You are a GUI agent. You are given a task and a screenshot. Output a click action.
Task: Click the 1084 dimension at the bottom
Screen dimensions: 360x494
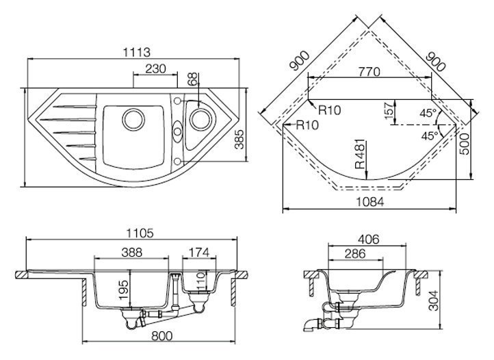pyautogui.click(x=370, y=203)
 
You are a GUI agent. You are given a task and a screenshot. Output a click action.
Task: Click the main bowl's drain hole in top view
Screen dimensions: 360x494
pyautogui.click(x=133, y=119)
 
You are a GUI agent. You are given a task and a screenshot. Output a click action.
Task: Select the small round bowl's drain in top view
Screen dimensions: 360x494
pyautogui.click(x=200, y=119)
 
